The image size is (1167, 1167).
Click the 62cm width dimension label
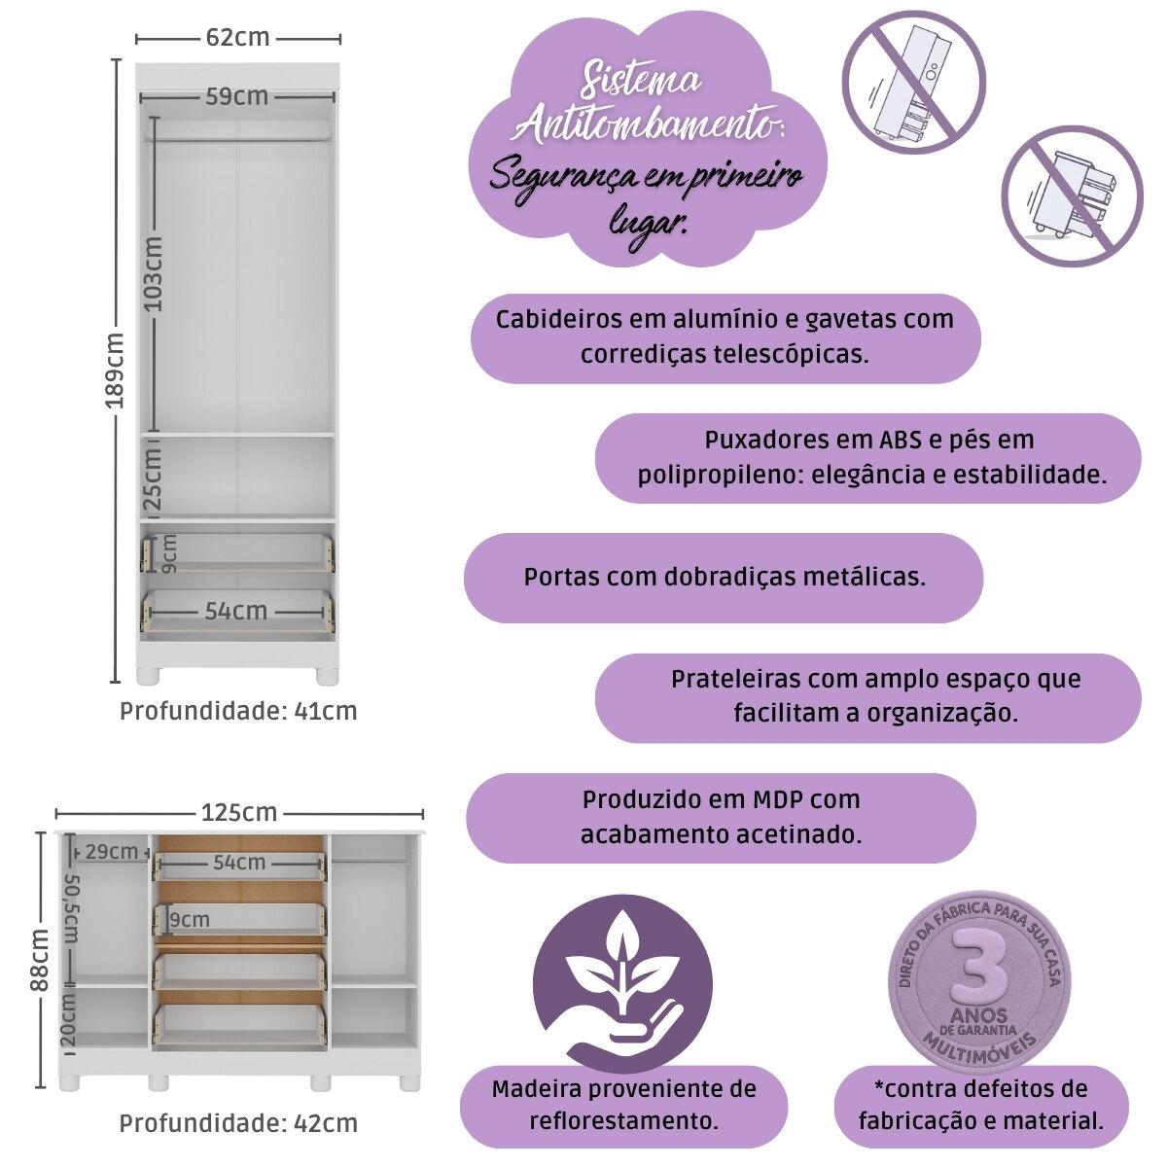click(238, 38)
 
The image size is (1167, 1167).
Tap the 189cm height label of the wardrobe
click(116, 372)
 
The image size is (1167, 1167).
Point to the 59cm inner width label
click(237, 96)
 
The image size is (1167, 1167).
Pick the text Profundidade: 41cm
click(238, 711)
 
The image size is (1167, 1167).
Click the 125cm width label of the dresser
click(239, 812)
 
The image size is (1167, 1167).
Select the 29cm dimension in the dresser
click(112, 852)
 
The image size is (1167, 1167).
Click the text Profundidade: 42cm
click(238, 1123)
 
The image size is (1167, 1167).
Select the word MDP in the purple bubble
click(777, 799)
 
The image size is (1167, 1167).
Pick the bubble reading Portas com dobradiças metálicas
click(724, 577)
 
